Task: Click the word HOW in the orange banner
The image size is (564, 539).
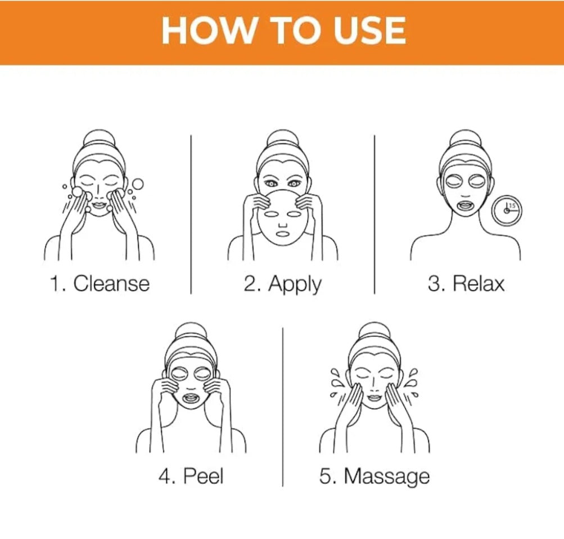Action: [208, 30]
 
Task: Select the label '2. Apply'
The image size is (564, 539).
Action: [282, 284]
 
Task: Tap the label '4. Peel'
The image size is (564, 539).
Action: [191, 475]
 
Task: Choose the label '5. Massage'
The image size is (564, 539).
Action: [375, 477]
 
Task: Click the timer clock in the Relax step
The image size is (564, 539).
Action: [507, 210]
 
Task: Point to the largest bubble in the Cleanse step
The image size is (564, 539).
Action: [137, 185]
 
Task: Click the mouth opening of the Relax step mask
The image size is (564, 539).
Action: [466, 206]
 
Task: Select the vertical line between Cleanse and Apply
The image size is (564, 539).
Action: [191, 214]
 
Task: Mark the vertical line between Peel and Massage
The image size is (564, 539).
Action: [283, 407]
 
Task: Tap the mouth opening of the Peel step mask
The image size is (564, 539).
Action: [191, 399]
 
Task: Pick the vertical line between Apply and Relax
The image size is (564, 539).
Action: [374, 214]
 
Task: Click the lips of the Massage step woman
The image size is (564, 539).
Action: [374, 397]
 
